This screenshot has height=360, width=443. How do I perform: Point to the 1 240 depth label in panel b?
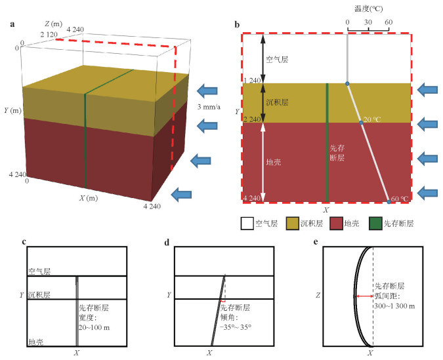tap(252, 81)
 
